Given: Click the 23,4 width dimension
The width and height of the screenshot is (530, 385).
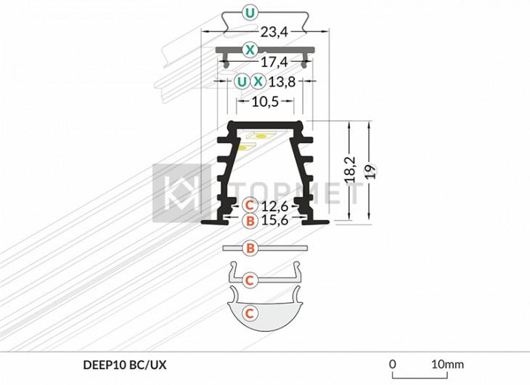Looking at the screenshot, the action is pos(274,32).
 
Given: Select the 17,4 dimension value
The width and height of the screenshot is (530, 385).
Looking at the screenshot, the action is pos(274,62).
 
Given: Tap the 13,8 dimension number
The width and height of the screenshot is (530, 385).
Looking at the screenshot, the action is pos(282,81).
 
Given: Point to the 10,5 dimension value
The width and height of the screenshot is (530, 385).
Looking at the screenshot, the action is pos(265,101).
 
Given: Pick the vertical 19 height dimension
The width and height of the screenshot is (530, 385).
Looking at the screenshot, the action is pos(370,171).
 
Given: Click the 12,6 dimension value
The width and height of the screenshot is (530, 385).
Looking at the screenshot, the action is pos(274,206).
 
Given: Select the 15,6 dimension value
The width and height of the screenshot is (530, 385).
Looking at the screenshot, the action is pos(274,220).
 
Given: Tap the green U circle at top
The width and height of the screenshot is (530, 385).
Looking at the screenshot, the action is pos(250,13).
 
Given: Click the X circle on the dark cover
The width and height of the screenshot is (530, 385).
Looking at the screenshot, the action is pos(250,50).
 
